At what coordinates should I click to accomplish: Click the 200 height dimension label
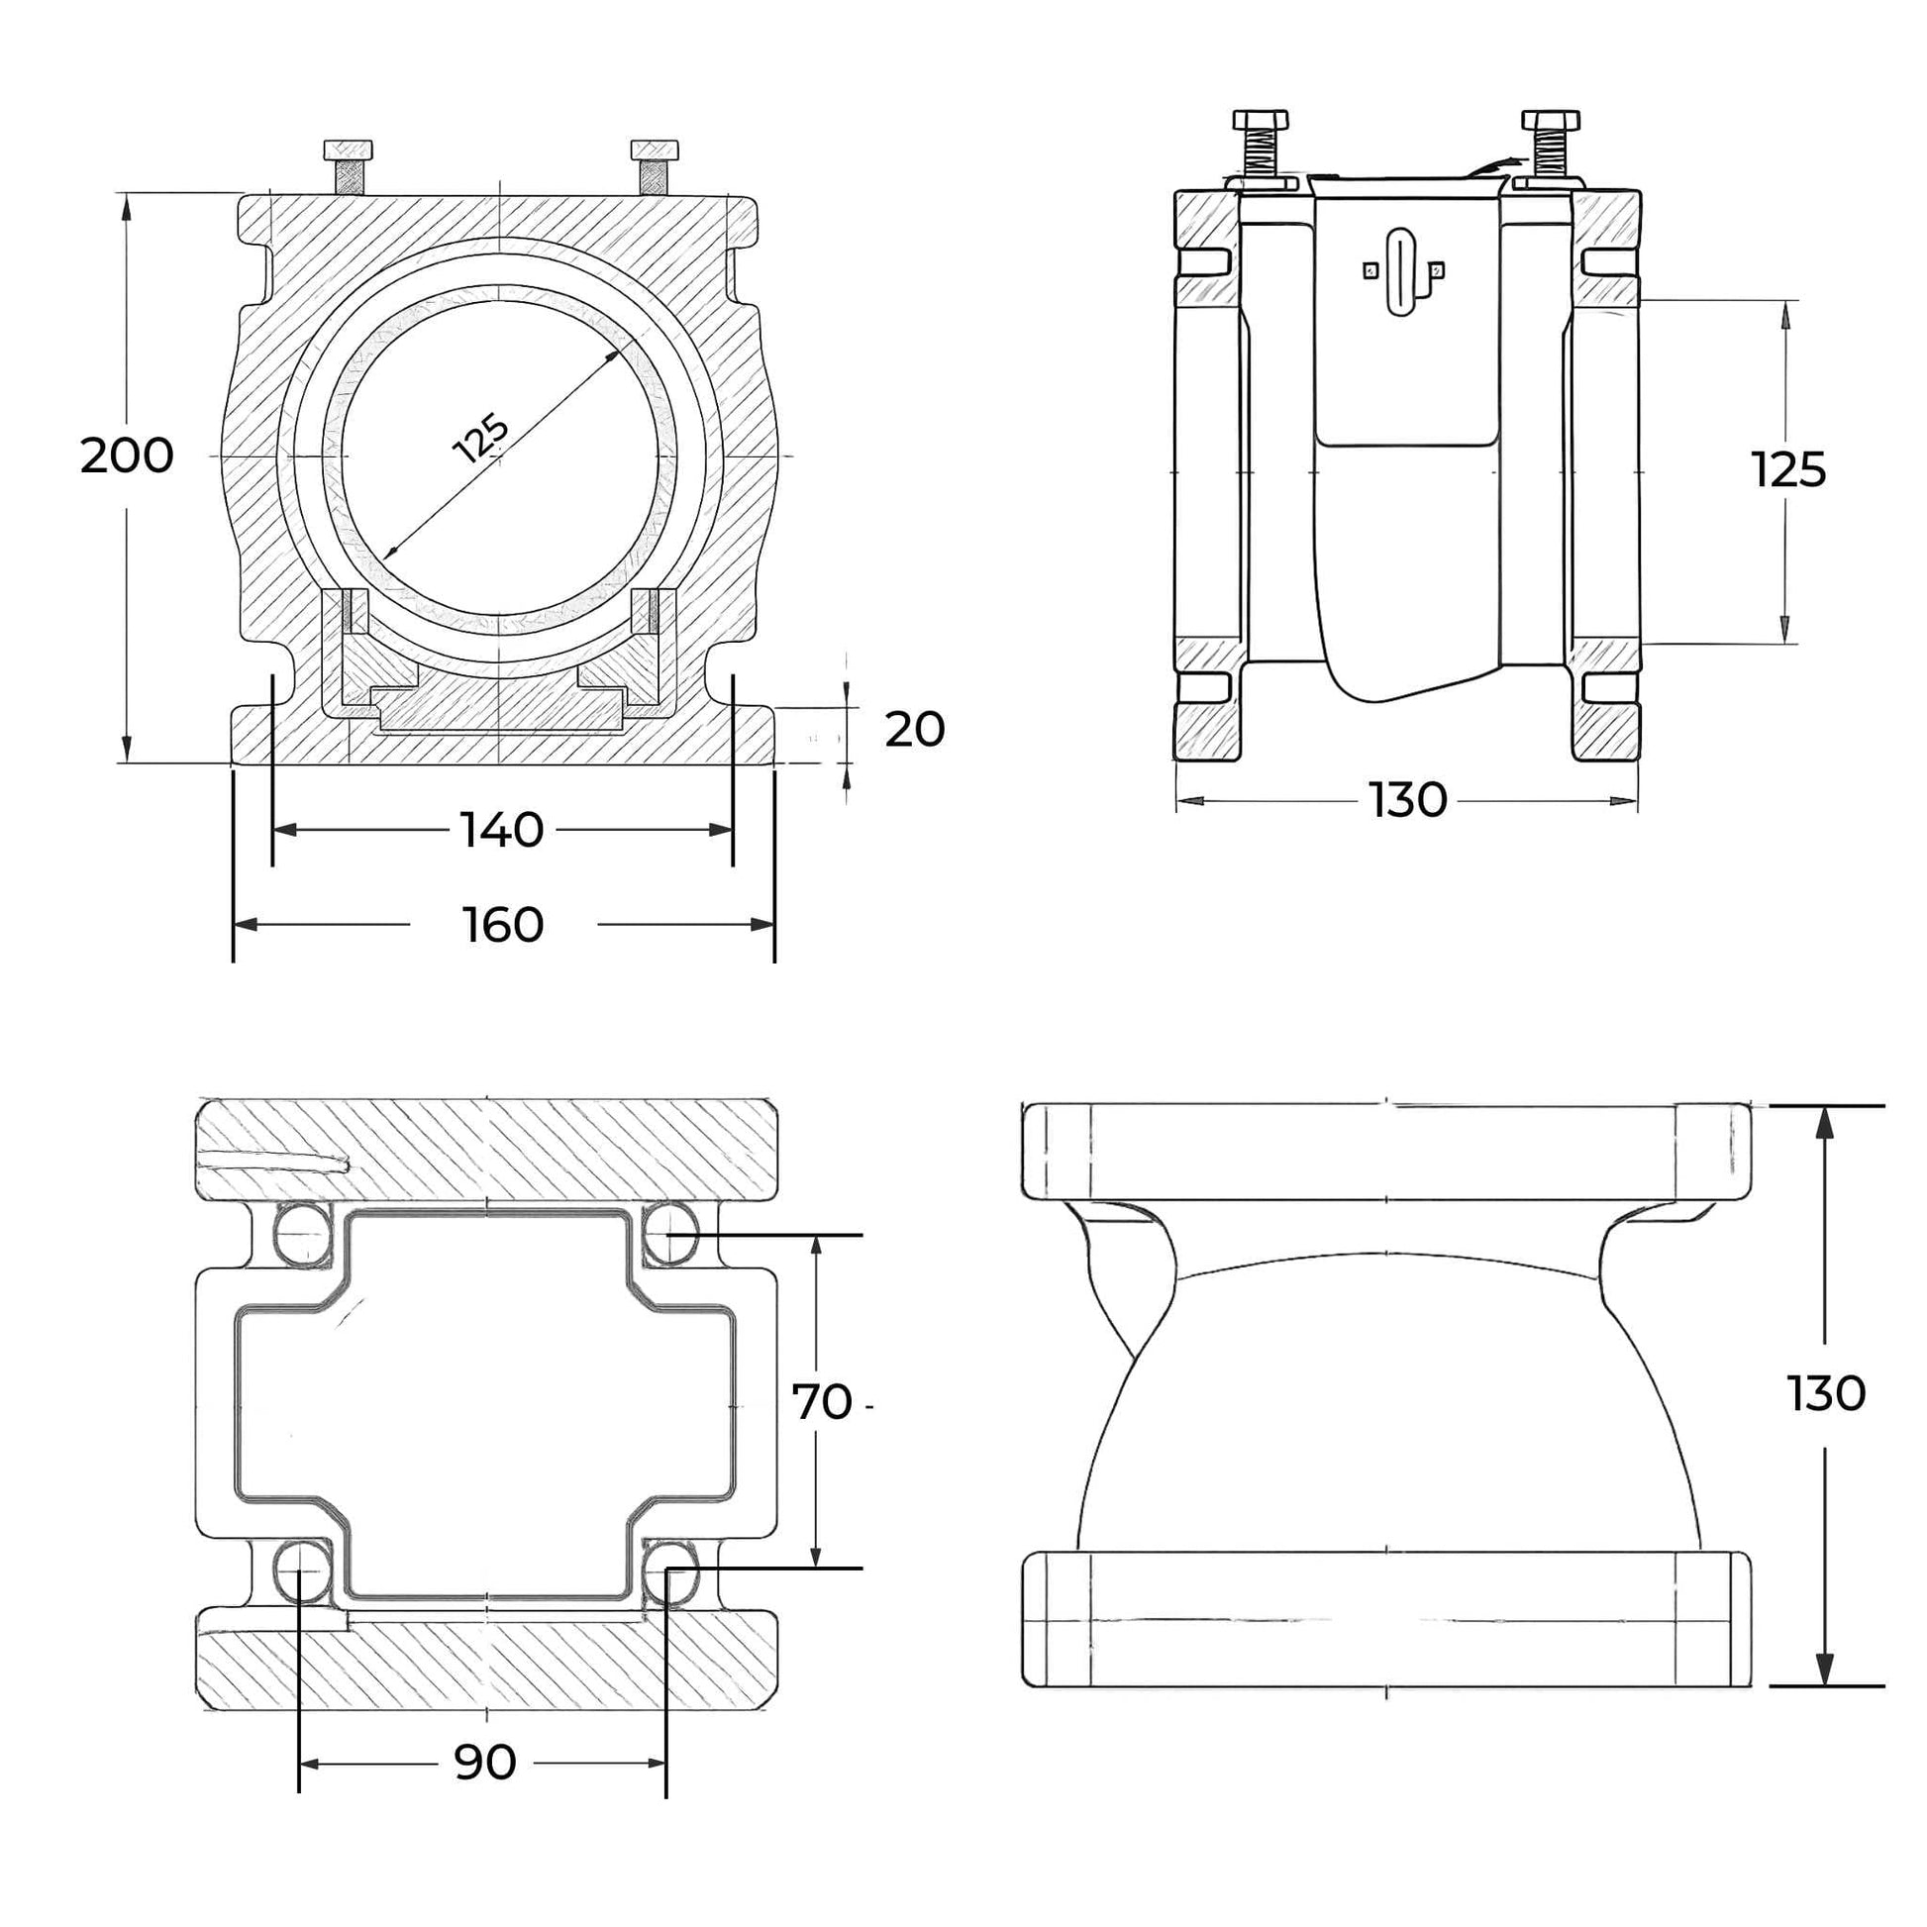(127, 456)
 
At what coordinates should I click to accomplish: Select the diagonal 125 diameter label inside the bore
(481, 439)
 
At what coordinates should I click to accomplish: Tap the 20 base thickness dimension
(914, 730)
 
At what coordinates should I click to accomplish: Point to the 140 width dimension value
(501, 830)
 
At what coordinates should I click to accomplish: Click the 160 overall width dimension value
(503, 926)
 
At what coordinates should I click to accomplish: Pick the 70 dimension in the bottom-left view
(822, 1402)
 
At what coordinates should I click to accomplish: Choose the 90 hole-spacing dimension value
(485, 1764)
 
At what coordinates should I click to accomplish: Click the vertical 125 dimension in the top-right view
(1788, 469)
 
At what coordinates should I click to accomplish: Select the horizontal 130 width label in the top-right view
(1406, 800)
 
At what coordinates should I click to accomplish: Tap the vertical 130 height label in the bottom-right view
(1825, 1393)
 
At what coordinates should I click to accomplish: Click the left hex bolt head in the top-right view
(1261, 121)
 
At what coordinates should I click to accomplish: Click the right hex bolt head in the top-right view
(1550, 121)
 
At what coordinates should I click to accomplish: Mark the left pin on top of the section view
(349, 152)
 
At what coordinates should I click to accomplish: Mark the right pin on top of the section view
(656, 152)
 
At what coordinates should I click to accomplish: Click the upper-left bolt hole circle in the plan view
(303, 1234)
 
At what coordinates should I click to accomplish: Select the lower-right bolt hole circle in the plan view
(670, 1569)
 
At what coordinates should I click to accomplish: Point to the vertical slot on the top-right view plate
(1401, 272)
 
